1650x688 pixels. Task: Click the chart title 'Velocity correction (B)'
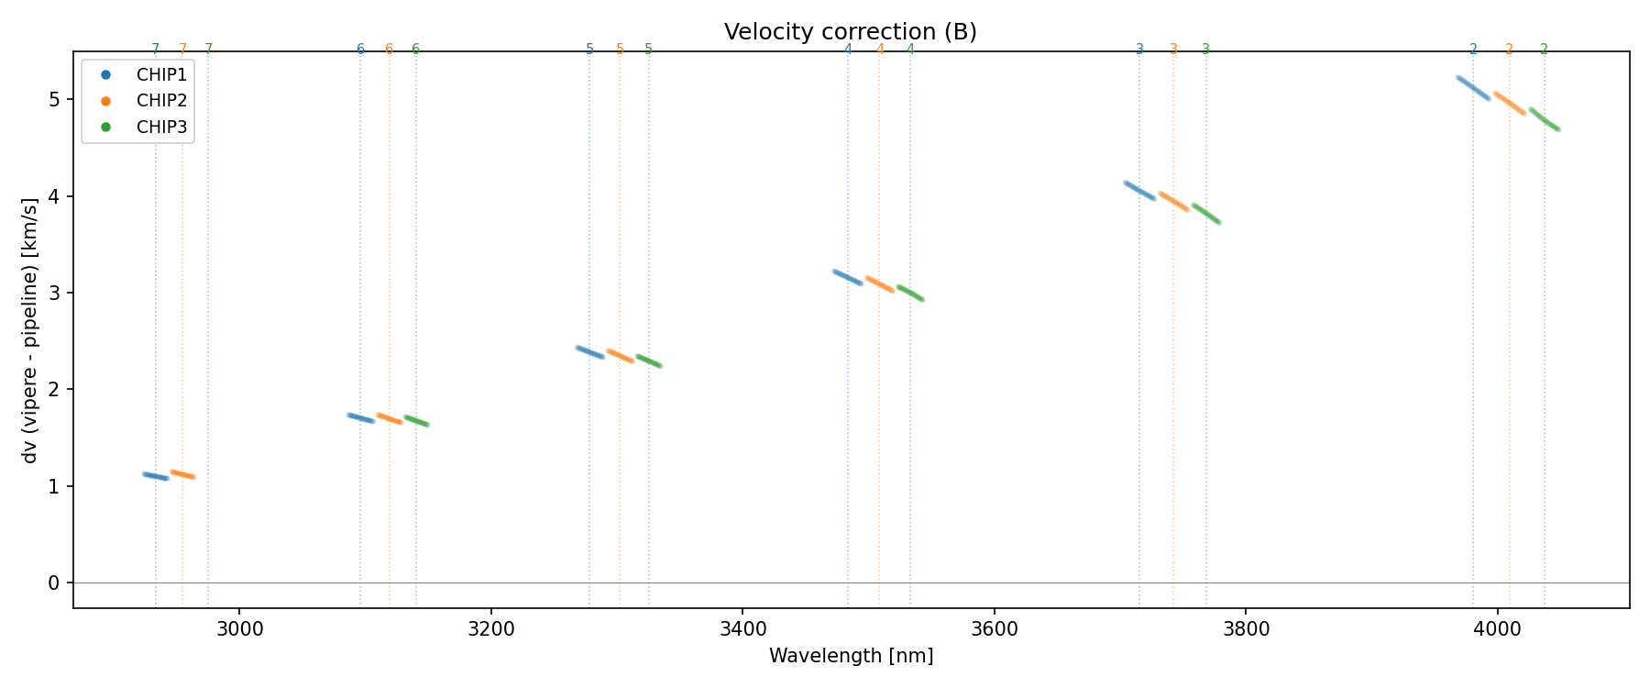coord(850,32)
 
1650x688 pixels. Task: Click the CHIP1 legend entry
coord(161,74)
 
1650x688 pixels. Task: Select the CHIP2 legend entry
coord(161,101)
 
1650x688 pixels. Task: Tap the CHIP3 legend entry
coord(161,128)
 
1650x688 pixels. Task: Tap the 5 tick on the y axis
coord(54,99)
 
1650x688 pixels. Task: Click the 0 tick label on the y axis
coord(54,583)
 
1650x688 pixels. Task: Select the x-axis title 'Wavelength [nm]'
coord(851,656)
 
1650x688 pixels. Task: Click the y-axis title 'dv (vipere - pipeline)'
coord(30,329)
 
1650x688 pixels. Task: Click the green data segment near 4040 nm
coord(1545,119)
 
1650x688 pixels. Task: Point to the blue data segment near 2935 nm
coord(156,476)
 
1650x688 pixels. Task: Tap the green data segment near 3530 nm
coord(910,294)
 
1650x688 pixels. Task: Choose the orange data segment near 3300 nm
coord(620,356)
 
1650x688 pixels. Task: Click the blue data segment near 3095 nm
coord(360,418)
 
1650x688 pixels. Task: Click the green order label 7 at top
coord(208,50)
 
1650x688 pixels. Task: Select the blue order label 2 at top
coord(1473,50)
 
